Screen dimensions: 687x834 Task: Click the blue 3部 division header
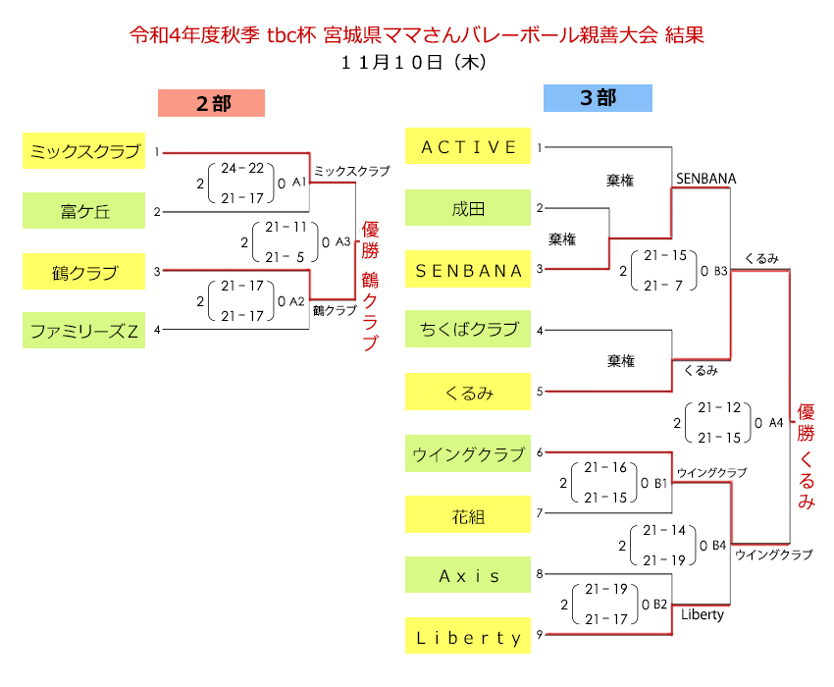[598, 98]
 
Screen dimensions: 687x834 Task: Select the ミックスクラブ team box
[82, 151]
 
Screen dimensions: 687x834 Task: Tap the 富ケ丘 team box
[82, 210]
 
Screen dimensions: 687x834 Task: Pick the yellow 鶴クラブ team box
[82, 271]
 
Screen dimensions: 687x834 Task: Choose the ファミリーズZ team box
[82, 331]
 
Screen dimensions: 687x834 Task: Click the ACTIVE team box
[468, 147]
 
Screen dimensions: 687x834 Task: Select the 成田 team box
[468, 208]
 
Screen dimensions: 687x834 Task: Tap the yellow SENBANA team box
[468, 270]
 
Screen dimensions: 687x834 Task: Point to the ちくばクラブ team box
[468, 329]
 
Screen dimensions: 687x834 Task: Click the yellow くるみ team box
[468, 393]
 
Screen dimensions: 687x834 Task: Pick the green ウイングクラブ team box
[468, 454]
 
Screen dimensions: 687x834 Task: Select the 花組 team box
[468, 515]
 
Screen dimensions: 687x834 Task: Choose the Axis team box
[468, 576]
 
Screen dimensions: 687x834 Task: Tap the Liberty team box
[468, 637]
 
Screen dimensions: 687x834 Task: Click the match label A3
[342, 240]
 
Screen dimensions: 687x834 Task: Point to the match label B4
[719, 544]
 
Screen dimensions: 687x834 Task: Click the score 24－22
[242, 169]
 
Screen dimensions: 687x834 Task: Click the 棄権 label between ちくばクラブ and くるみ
[620, 361]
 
